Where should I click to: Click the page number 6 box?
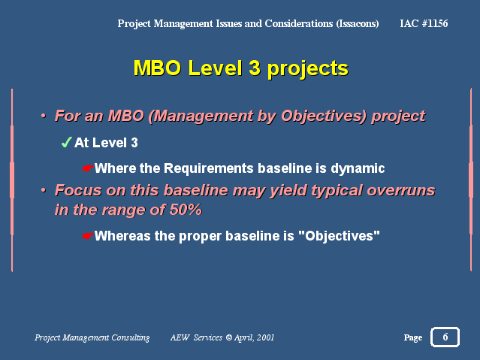pos(445,337)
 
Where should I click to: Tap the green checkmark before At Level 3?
pos(66,142)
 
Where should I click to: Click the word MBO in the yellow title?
pos(157,68)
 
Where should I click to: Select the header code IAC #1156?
pos(424,23)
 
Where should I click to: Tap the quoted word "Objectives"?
pos(339,235)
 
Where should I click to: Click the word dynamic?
pos(358,168)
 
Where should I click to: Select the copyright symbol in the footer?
pos(229,337)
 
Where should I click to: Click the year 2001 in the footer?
pos(265,337)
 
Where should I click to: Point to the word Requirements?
pos(209,168)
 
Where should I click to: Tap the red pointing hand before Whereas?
pos(88,236)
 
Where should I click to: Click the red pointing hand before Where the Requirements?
pos(88,168)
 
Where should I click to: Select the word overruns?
pos(400,190)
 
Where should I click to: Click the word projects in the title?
pos(308,68)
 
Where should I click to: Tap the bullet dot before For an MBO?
pos(43,116)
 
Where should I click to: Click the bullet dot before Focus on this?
pos(43,190)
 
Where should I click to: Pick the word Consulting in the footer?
pos(131,337)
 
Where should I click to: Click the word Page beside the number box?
pos(413,337)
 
